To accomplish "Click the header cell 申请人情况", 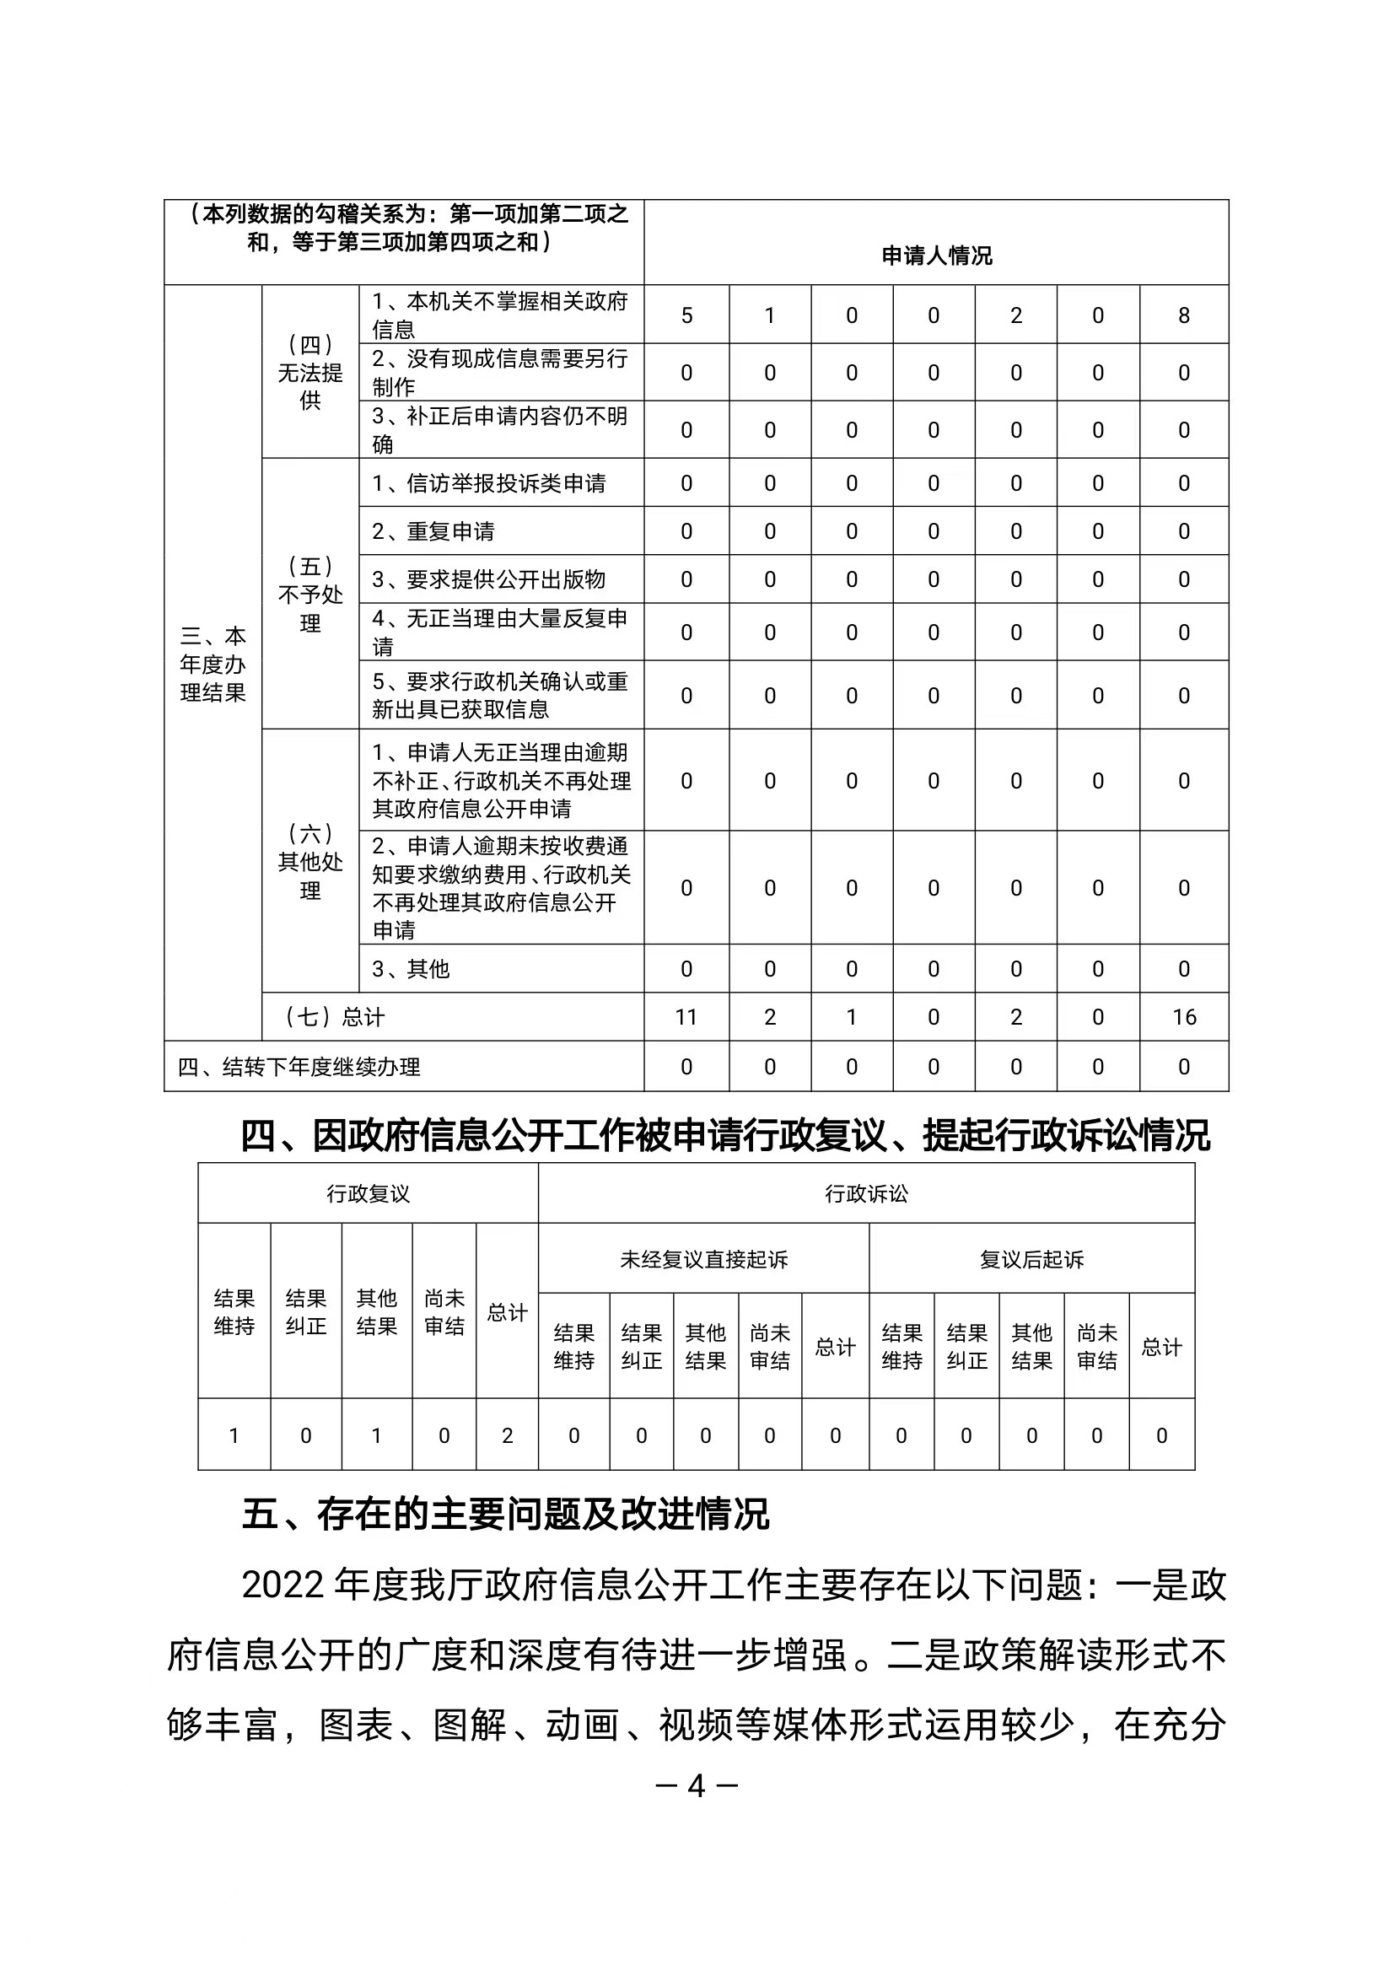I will point(935,256).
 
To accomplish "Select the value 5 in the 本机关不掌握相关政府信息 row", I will point(686,316).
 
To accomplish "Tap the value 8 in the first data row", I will point(1184,316).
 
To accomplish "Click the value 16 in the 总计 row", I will point(1184,1017).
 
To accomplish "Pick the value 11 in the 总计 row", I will point(686,1017).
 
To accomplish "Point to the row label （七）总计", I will point(335,1017).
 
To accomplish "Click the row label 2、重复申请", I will point(433,531).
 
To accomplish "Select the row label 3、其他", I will point(411,969).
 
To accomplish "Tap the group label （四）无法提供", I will point(309,372).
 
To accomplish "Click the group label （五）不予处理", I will point(309,594).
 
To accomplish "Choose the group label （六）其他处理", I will point(309,861).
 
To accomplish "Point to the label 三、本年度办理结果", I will point(213,664).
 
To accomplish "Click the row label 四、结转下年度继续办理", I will point(299,1067).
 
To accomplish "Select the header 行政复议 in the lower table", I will point(369,1193).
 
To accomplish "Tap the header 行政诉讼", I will point(866,1193).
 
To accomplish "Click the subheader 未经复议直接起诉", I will point(704,1259).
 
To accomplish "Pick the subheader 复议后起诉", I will point(1031,1259).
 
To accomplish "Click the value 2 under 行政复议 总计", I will point(508,1435).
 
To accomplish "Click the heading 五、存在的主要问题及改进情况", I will point(506,1515).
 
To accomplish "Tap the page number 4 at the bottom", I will point(696,1786).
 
